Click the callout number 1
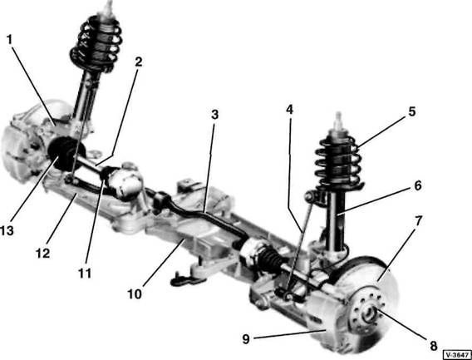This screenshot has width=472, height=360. [x=10, y=40]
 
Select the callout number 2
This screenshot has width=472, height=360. [x=138, y=62]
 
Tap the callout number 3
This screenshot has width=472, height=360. [x=214, y=115]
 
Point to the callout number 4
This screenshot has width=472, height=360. [x=289, y=110]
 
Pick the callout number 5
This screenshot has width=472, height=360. [x=412, y=111]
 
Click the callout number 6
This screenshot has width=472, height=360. [x=418, y=185]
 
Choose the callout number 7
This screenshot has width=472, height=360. [x=419, y=221]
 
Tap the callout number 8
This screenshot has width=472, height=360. [x=433, y=346]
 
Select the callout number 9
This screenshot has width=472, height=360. [x=246, y=339]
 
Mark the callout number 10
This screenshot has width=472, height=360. [x=135, y=294]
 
